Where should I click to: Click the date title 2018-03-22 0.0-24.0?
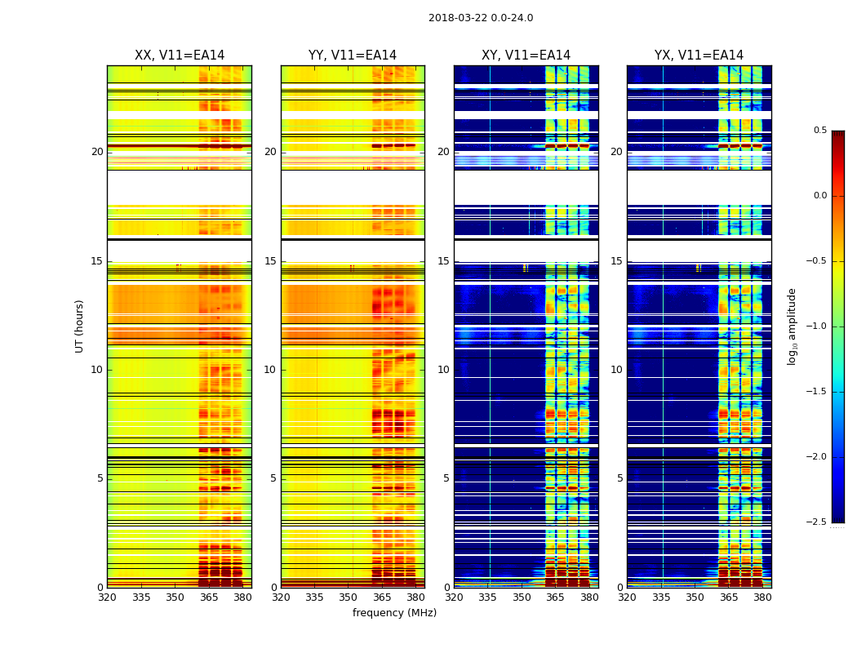coord(481,18)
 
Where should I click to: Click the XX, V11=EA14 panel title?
coord(180,56)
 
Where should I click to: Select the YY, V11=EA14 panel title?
coord(353,56)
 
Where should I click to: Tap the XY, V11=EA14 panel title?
coord(526,56)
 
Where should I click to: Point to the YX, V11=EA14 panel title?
coord(699,56)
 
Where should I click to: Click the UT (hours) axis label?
coord(80,326)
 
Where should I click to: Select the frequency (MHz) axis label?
coord(394,613)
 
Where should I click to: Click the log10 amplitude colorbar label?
coord(792,326)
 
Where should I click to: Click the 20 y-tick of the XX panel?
coord(97,152)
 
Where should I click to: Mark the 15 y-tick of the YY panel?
coord(270,261)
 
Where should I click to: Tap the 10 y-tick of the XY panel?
coord(443,370)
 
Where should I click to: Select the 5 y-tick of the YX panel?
coord(619,478)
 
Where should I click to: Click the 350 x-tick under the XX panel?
coord(175,597)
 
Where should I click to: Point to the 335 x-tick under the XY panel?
coord(488,597)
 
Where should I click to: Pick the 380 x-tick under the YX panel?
coord(762,597)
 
